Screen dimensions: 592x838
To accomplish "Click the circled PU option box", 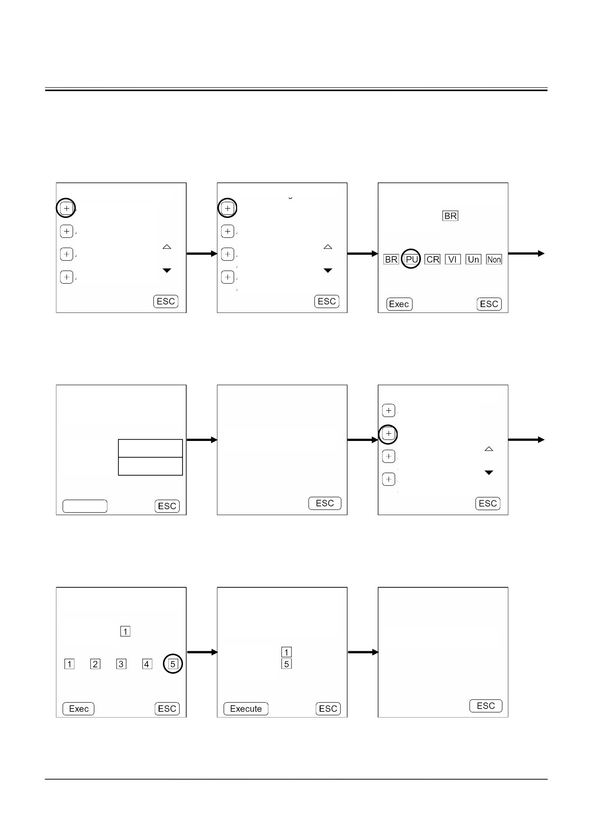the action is (x=411, y=259).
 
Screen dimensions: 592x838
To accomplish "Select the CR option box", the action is (x=432, y=259).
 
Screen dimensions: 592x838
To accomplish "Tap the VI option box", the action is (x=453, y=259).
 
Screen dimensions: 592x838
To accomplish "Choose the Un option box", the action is (x=474, y=259).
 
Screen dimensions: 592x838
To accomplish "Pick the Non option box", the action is (x=494, y=259).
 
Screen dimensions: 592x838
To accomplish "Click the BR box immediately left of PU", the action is (x=391, y=259).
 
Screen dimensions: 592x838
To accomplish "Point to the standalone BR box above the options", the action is (x=451, y=216).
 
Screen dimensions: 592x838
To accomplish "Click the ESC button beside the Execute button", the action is (x=328, y=709).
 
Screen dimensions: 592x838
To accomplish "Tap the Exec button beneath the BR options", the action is (x=399, y=304).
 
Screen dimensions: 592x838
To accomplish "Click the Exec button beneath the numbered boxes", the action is (x=78, y=709).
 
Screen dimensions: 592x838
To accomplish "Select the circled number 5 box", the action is (x=173, y=664).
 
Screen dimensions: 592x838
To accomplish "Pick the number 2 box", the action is (x=96, y=664).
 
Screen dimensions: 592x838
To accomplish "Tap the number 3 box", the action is (x=121, y=664).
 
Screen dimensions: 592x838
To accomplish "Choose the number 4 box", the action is (x=147, y=664).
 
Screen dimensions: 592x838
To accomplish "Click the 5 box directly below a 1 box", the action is (x=287, y=664).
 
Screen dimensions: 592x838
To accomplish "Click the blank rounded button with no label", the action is (x=85, y=506).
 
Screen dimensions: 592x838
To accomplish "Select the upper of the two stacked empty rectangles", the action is (x=151, y=448).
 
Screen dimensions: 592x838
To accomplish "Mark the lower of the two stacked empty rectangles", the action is (x=151, y=466).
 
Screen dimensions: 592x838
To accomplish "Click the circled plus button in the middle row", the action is (x=388, y=434).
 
